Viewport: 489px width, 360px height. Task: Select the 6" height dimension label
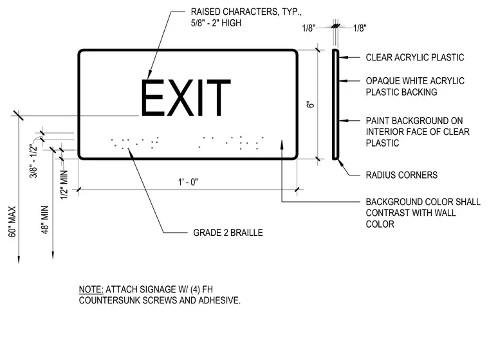pyautogui.click(x=311, y=104)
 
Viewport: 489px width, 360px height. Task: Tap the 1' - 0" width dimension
pyautogui.click(x=188, y=182)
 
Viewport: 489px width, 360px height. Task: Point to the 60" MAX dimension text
pyautogui.click(x=12, y=222)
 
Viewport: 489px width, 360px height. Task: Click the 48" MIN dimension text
pyautogui.click(x=45, y=220)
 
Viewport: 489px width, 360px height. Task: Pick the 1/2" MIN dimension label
pyautogui.click(x=64, y=185)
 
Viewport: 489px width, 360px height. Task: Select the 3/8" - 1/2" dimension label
pyautogui.click(x=33, y=161)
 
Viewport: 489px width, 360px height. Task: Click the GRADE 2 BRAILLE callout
pyautogui.click(x=228, y=233)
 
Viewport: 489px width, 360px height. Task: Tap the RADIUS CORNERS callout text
pyautogui.click(x=401, y=175)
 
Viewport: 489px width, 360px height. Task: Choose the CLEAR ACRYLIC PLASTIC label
pyautogui.click(x=415, y=57)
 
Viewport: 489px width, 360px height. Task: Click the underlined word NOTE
pyautogui.click(x=91, y=289)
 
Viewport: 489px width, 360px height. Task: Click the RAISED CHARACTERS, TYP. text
pyautogui.click(x=246, y=12)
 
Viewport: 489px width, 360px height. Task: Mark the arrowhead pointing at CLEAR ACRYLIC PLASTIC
pyautogui.click(x=342, y=57)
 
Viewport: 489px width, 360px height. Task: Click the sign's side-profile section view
pyautogui.click(x=336, y=104)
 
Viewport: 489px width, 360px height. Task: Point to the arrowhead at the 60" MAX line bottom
pyautogui.click(x=19, y=260)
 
